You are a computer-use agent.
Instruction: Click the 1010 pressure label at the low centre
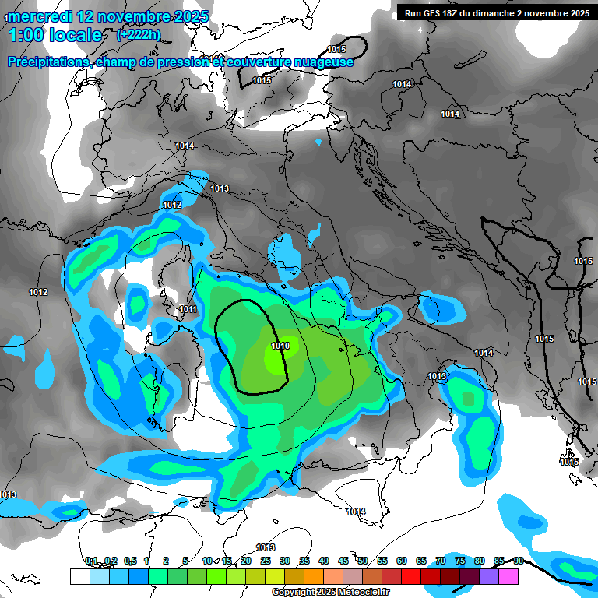tap(280, 346)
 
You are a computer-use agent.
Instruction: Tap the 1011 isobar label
tap(188, 309)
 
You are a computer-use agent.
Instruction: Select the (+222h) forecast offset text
tap(138, 35)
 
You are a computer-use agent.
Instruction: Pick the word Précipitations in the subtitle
tap(47, 62)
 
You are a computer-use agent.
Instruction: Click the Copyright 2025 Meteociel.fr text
tap(330, 593)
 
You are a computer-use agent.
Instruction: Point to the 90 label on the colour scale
tap(518, 561)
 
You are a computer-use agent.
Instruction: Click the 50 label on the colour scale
tap(362, 561)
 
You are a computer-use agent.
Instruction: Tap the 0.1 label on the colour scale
tap(90, 561)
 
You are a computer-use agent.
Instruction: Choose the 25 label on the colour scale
tap(265, 561)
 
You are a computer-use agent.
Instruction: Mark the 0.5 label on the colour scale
tap(129, 561)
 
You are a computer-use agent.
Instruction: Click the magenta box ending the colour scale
tap(508, 576)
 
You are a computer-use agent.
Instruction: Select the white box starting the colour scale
tap(79, 576)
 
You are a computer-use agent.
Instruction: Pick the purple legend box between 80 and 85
tap(489, 576)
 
